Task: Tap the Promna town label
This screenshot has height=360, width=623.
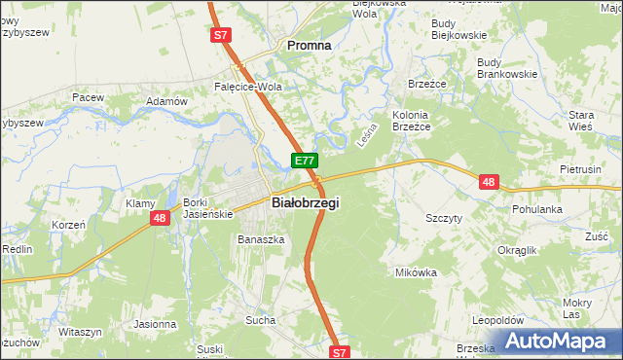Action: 307,45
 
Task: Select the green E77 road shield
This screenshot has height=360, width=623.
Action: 304,161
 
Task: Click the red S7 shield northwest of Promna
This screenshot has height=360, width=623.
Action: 221,35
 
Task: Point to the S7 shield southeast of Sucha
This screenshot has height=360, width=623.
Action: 338,352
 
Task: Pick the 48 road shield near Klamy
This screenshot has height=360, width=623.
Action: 160,219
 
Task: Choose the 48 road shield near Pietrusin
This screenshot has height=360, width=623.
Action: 489,181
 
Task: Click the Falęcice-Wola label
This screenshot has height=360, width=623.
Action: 247,86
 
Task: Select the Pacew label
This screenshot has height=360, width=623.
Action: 87,97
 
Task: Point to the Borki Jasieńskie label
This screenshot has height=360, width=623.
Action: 205,208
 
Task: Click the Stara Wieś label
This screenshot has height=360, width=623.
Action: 581,122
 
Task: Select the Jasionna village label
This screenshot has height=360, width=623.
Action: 155,324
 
